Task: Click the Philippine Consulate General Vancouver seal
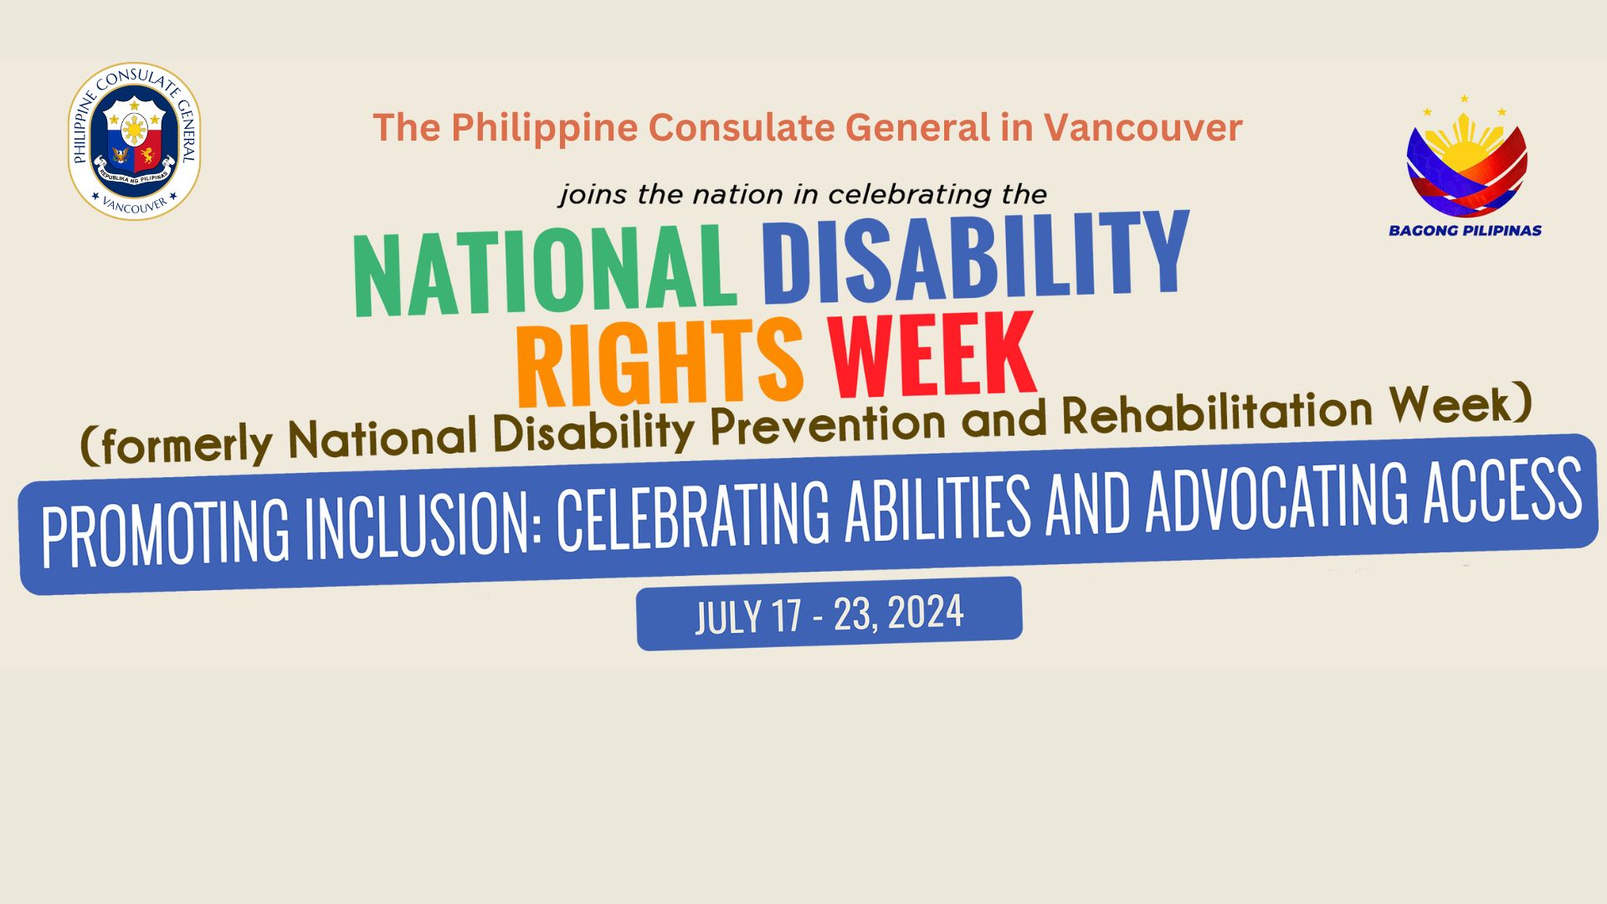pos(134,141)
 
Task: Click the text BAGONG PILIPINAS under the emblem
pos(1465,230)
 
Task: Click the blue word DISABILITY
pos(974,255)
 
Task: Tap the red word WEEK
pos(932,354)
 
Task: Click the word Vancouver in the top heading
pos(1142,128)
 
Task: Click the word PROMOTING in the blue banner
pos(165,532)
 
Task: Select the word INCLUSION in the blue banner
pos(418,524)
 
